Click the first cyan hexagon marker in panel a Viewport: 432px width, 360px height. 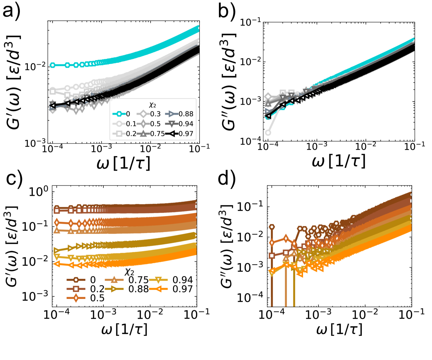(53, 65)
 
